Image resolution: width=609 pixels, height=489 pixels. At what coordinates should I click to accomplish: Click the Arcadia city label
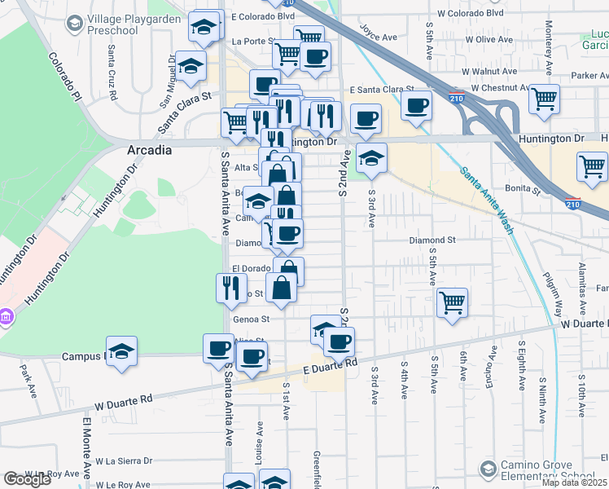150,150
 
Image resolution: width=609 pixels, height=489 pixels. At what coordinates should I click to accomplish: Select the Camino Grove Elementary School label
548,470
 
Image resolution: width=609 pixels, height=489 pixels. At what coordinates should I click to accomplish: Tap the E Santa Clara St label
382,90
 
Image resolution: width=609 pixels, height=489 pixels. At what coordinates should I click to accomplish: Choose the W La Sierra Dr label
124,460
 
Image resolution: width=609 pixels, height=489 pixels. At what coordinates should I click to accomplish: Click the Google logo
27,479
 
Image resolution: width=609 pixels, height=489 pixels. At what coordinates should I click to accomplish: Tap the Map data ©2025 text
573,482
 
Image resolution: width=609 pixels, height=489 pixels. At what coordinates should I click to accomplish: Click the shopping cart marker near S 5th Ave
452,302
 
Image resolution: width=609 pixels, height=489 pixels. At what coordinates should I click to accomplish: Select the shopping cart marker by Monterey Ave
544,99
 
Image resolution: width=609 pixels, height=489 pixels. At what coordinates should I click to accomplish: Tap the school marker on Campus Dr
121,350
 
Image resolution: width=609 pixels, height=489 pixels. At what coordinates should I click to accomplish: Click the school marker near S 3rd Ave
371,157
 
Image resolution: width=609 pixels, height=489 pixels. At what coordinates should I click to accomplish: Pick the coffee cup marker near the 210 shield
417,104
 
